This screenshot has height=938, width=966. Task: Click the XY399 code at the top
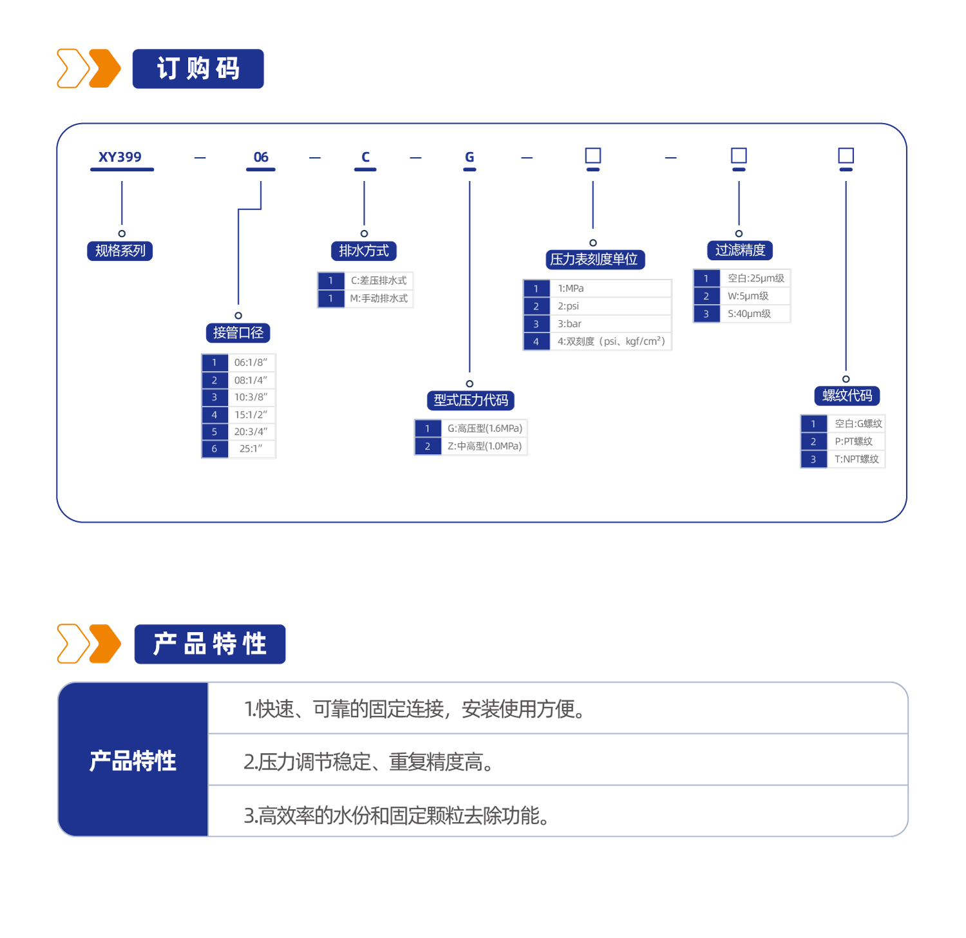click(120, 157)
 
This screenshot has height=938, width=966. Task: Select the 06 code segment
click(261, 157)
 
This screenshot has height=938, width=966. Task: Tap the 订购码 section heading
click(198, 68)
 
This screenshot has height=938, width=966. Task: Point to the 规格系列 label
click(120, 251)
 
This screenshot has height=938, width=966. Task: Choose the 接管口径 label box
click(238, 332)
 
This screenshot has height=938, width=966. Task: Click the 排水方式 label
click(364, 251)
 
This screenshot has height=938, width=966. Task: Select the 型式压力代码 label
click(471, 400)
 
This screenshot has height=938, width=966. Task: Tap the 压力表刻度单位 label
click(595, 259)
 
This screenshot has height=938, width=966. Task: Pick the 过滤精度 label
click(740, 250)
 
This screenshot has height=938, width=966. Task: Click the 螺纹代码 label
click(847, 396)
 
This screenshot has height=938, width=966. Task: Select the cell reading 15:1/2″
click(251, 415)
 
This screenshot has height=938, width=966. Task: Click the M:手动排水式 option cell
click(379, 298)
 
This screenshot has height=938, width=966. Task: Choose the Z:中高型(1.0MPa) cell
click(484, 446)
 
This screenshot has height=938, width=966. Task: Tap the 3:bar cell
click(611, 323)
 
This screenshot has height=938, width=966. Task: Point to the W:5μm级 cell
click(755, 296)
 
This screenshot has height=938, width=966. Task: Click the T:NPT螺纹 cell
click(856, 459)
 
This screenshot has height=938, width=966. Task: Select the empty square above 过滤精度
click(739, 155)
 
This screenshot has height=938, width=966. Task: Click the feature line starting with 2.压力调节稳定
click(369, 762)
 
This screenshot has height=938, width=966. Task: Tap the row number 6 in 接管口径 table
click(214, 449)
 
